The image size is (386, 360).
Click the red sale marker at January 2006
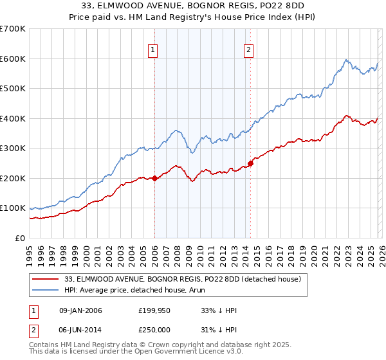tap(154, 179)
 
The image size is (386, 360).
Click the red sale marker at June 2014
tap(250, 163)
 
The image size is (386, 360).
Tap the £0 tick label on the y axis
tap(21, 238)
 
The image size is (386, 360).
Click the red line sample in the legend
tap(46, 279)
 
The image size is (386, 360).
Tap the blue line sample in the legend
tap(46, 291)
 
